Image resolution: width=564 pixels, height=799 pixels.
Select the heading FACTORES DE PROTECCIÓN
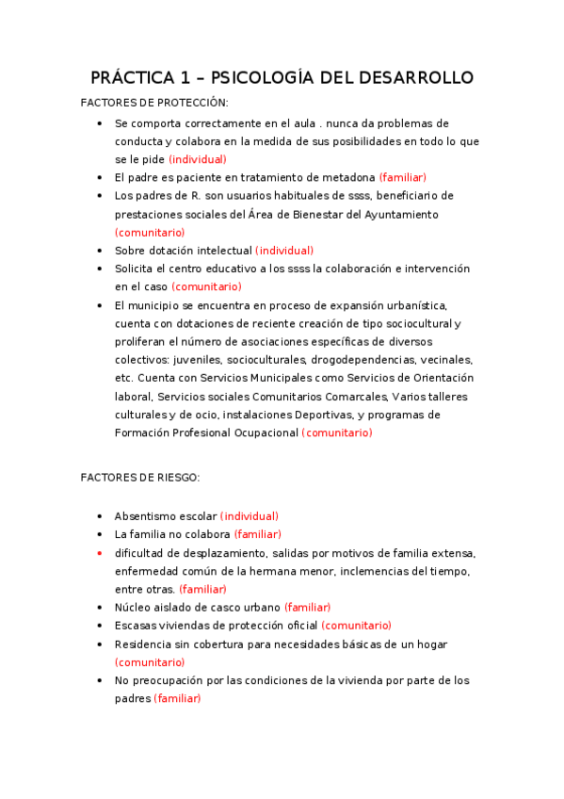[x=154, y=103]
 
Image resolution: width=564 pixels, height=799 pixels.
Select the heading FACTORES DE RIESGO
[x=140, y=478]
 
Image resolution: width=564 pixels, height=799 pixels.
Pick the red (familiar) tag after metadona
[x=403, y=177]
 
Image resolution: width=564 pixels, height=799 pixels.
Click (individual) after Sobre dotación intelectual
[x=284, y=251]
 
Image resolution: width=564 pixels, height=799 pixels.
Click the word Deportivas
[x=355, y=415]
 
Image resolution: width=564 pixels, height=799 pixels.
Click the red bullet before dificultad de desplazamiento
[x=100, y=553]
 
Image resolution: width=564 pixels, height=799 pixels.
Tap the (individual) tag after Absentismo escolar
[x=250, y=516]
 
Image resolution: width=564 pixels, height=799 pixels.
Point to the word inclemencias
[x=374, y=571]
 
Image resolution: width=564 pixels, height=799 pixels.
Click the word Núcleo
[x=133, y=608]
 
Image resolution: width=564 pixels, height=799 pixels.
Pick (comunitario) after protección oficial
[x=356, y=626]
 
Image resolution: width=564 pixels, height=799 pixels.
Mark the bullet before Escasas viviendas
[x=100, y=626]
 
